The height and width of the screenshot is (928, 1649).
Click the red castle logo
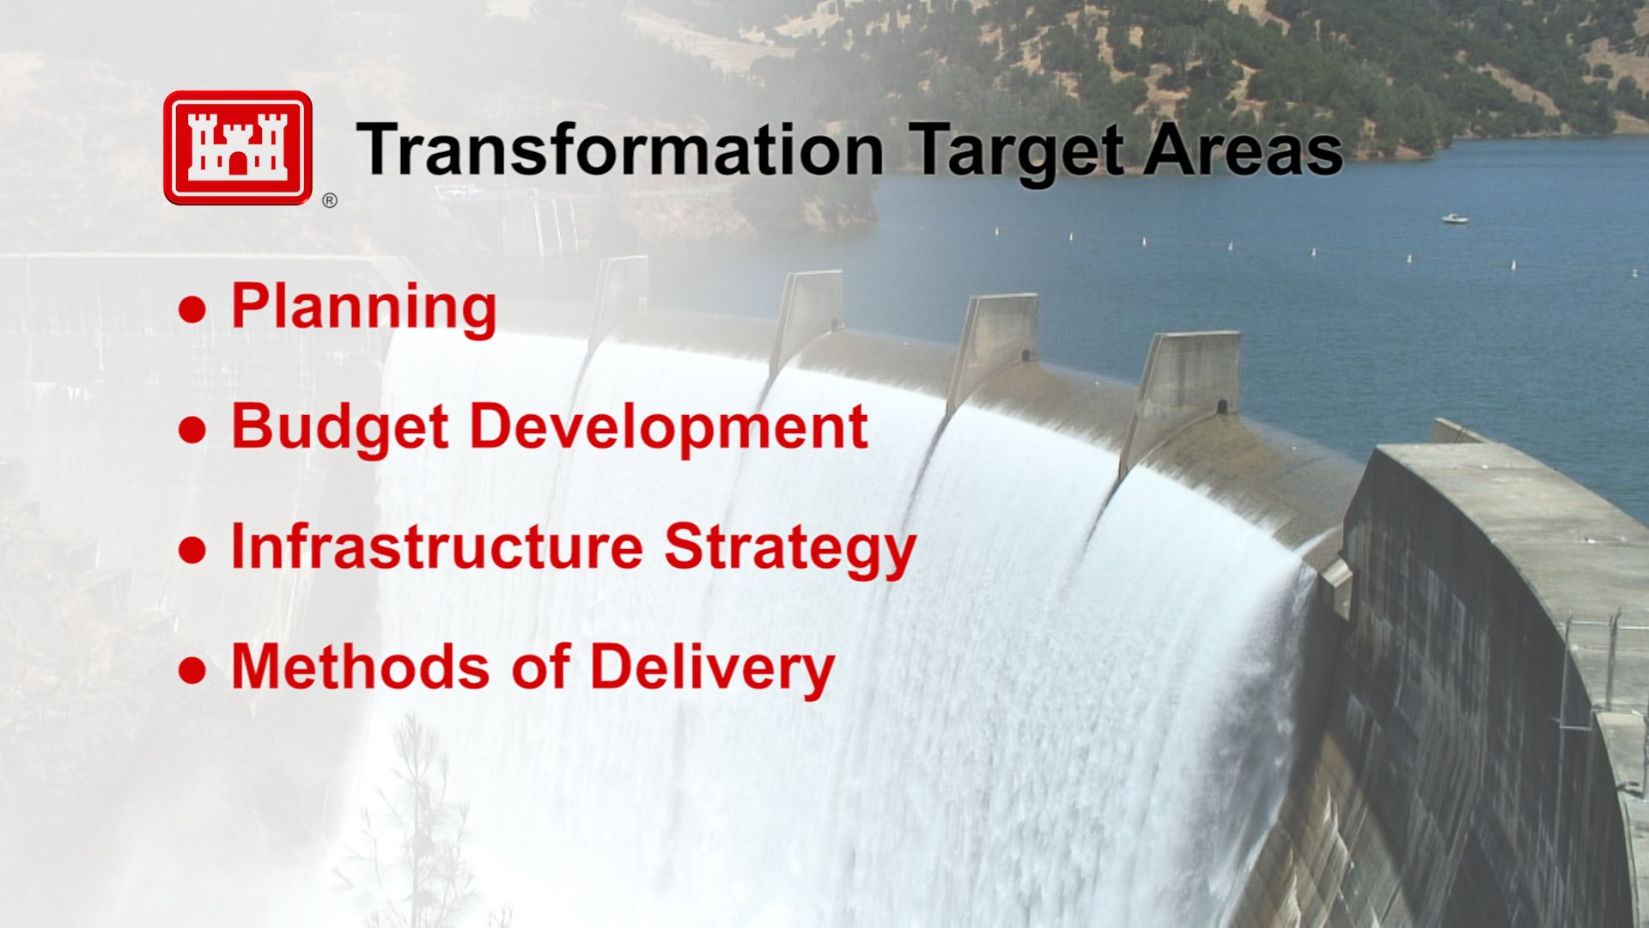coord(238,148)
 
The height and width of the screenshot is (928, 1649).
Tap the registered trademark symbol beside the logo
coord(330,200)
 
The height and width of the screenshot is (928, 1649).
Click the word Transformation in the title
coord(620,150)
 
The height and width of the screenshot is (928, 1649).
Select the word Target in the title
coord(1015,153)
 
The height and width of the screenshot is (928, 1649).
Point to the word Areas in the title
coord(1243,150)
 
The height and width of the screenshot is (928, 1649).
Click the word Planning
coord(364,308)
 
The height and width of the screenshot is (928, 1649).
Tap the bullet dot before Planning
coord(192,310)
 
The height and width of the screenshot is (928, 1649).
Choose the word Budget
coord(340,429)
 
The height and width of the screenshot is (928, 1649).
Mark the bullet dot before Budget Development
coord(192,430)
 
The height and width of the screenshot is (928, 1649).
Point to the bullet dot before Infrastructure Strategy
coord(192,551)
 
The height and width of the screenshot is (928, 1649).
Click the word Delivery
coord(712,670)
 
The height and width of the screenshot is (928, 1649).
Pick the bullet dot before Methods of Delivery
coord(192,671)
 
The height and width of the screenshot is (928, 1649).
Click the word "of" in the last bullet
coord(541,667)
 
